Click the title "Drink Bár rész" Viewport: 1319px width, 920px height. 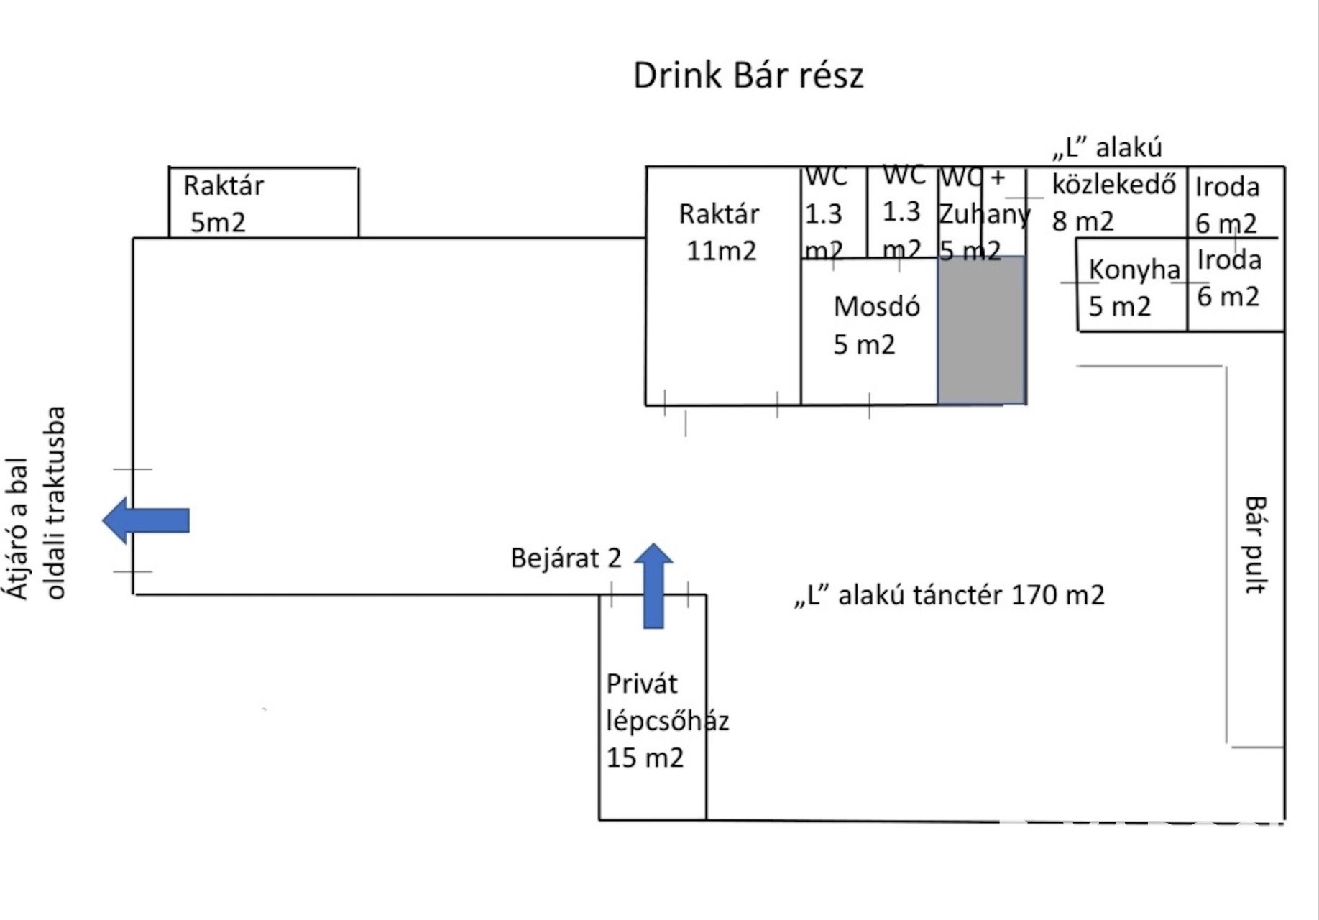pyautogui.click(x=748, y=75)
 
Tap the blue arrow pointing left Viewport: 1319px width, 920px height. pyautogui.click(x=146, y=520)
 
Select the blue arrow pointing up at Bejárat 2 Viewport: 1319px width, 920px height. pyautogui.click(x=653, y=586)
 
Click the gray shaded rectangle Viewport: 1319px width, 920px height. pyautogui.click(x=981, y=330)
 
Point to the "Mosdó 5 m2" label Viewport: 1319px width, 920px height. pyautogui.click(x=876, y=326)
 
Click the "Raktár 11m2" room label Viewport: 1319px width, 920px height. pyautogui.click(x=719, y=232)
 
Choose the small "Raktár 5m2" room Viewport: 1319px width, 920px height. pyautogui.click(x=264, y=203)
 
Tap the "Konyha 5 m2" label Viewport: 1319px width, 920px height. pyautogui.click(x=1134, y=287)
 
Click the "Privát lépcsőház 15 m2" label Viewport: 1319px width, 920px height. pyautogui.click(x=667, y=720)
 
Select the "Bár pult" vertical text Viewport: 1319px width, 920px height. pyautogui.click(x=1255, y=544)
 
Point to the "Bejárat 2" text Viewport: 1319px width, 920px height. pyautogui.click(x=566, y=558)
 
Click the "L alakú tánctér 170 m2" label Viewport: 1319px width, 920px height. pyautogui.click(x=949, y=595)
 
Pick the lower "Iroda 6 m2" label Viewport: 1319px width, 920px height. pyautogui.click(x=1228, y=278)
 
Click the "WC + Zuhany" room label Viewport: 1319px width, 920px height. pyautogui.click(x=983, y=213)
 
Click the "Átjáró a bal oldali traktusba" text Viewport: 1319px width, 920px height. pyautogui.click(x=36, y=503)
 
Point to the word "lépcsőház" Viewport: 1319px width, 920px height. pyautogui.click(x=667, y=721)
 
